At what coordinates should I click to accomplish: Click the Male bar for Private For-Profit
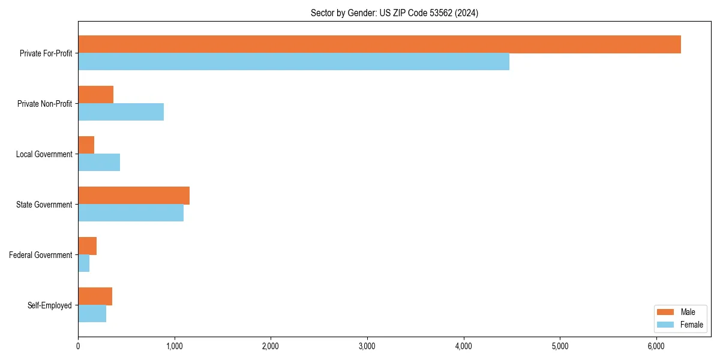pos(379,44)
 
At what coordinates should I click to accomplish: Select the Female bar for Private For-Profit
pos(293,61)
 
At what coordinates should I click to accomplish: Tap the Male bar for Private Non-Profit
pos(95,95)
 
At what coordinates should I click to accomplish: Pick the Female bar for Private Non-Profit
pos(121,112)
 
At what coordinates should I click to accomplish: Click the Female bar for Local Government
pos(99,162)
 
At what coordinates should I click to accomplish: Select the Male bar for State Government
pos(134,196)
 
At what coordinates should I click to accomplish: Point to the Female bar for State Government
pos(131,212)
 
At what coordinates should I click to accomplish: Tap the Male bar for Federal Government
pos(87,246)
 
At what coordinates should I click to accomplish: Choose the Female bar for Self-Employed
pos(92,313)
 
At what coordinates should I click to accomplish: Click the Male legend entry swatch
pos(666,312)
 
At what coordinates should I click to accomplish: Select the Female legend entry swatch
pos(666,325)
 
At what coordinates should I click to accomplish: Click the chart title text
pos(394,13)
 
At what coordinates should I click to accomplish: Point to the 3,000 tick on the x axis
pos(367,337)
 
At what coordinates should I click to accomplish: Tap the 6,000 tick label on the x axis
pos(656,346)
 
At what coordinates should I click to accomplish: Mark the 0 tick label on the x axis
pos(78,346)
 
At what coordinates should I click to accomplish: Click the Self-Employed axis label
pos(50,305)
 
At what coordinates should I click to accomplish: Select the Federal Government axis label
pos(41,255)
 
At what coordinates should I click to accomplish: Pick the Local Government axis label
pos(44,154)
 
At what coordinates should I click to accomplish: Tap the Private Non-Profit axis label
pos(45,104)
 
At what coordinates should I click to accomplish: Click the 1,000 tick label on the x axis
pos(174,346)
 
